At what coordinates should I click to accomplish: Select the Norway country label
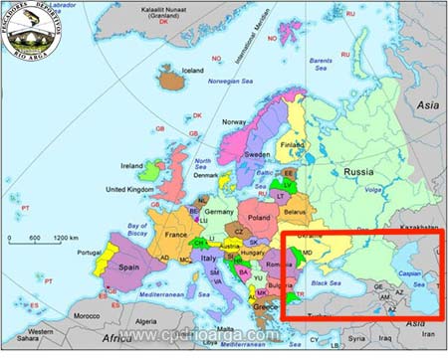click(x=233, y=122)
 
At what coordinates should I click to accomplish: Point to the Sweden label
click(x=257, y=155)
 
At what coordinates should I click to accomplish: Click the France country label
click(x=176, y=235)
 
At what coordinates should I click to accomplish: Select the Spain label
click(x=129, y=269)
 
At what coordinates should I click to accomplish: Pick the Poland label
click(x=259, y=216)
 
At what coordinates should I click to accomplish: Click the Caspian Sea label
click(x=409, y=274)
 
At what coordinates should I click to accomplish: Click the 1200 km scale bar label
click(x=66, y=239)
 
